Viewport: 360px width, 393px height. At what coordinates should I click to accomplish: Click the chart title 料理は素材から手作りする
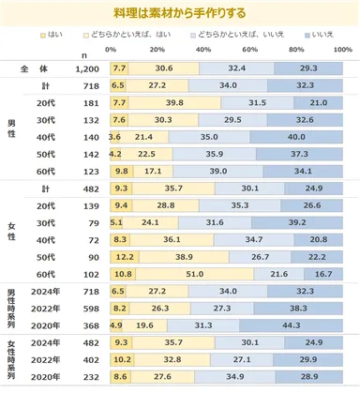(x=180, y=12)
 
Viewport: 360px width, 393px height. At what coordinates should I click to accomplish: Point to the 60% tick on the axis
(x=250, y=49)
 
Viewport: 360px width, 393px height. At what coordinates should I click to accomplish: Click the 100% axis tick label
(x=342, y=49)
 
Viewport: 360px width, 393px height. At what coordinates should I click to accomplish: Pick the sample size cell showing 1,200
(x=86, y=68)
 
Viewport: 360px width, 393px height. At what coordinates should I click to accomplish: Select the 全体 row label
(x=35, y=68)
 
